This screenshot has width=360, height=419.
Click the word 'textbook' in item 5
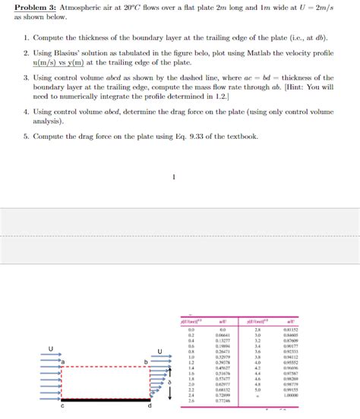(264, 137)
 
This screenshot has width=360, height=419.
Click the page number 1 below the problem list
(174, 178)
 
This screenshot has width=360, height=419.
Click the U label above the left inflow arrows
(50, 349)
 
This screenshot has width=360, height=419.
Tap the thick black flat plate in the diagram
(106, 399)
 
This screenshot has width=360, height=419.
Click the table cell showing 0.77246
(223, 400)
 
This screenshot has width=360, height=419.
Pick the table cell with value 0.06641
(223, 335)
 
